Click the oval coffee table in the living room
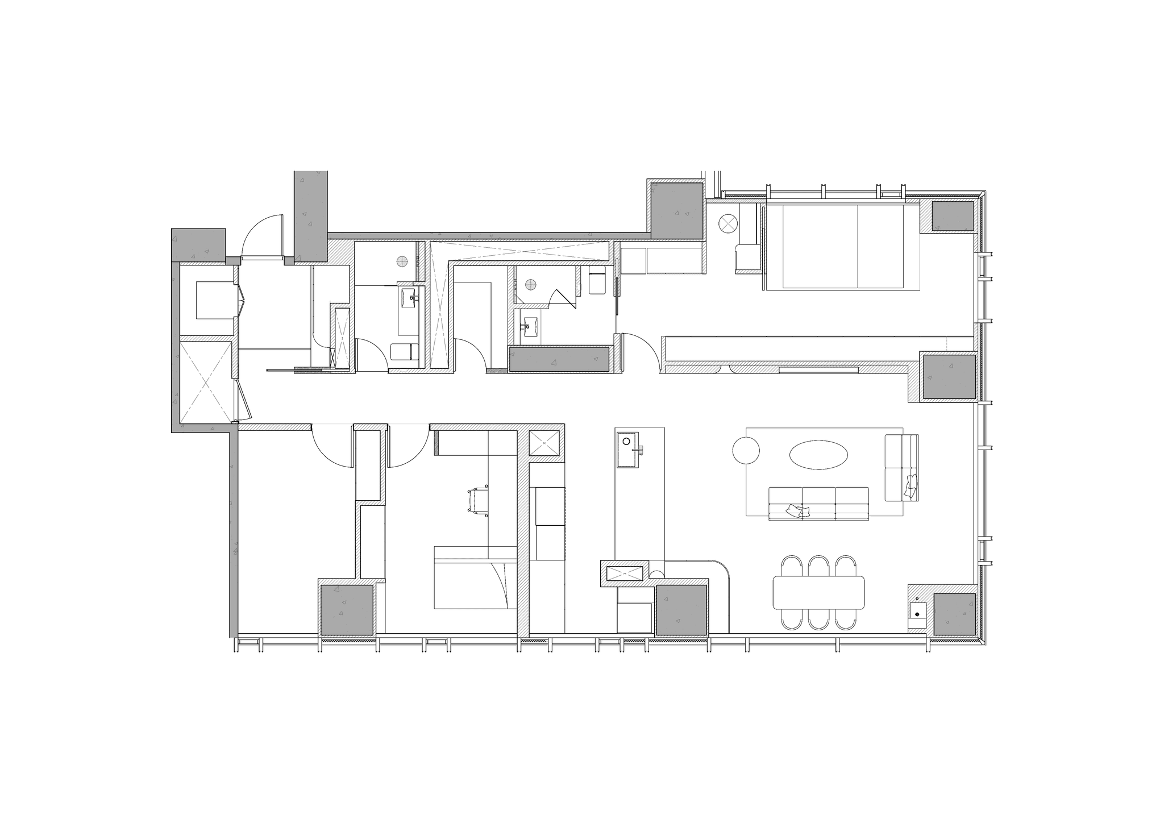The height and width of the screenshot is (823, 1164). pyautogui.click(x=818, y=455)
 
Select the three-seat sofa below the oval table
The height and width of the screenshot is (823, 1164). pyautogui.click(x=818, y=503)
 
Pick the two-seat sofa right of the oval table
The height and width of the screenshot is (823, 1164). pyautogui.click(x=901, y=467)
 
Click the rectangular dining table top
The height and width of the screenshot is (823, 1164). pyautogui.click(x=818, y=593)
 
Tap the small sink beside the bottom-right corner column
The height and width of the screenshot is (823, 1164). pyautogui.click(x=917, y=612)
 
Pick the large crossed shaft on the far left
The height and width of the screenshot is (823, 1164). pyautogui.click(x=206, y=381)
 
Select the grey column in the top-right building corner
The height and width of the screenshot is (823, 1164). pyautogui.click(x=951, y=217)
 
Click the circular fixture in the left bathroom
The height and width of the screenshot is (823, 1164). pyautogui.click(x=402, y=262)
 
